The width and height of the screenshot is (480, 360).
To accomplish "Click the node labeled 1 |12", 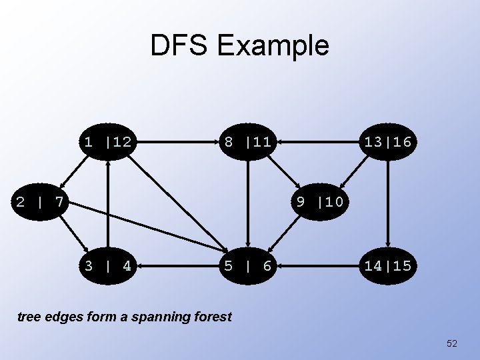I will point(107,141).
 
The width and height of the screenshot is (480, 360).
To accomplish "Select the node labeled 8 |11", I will point(247,141).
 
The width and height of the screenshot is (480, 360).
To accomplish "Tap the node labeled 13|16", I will point(387,141).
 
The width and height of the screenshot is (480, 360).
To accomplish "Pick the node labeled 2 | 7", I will point(40,201).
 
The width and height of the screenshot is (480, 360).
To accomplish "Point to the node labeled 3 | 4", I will point(107,266).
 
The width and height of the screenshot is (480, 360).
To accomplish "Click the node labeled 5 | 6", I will point(247,266).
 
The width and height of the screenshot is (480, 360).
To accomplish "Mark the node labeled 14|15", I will point(387,266).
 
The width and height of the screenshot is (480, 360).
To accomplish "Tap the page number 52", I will point(452,343).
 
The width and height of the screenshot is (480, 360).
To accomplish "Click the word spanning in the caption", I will point(160,317).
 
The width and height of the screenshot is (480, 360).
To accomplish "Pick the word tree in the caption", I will point(28,317).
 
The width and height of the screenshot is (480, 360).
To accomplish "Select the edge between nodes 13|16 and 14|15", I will point(387,203).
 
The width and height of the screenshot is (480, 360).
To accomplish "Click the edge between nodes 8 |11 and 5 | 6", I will point(247,203).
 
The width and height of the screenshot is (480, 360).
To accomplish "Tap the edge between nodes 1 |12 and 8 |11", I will point(177,141).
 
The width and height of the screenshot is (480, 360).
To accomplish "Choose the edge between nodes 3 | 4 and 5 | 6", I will point(177,266).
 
